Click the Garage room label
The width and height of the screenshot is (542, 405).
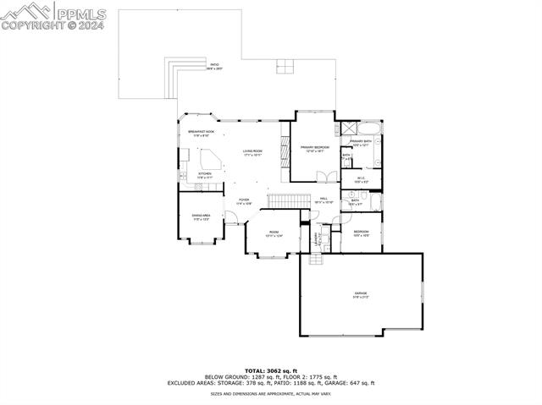tap(361, 295)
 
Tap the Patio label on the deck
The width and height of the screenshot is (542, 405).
tap(215, 66)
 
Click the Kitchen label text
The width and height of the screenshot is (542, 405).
tap(205, 175)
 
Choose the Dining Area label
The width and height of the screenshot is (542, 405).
tap(201, 217)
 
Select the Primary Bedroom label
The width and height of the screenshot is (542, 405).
tap(313, 149)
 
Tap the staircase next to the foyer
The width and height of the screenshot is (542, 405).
tap(287, 200)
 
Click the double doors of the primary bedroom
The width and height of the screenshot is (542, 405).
tap(321, 176)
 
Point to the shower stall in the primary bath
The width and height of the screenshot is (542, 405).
tap(347, 129)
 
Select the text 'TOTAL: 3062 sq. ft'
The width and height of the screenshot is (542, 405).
tap(271, 370)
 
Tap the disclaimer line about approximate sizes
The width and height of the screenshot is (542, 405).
tap(271, 393)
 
